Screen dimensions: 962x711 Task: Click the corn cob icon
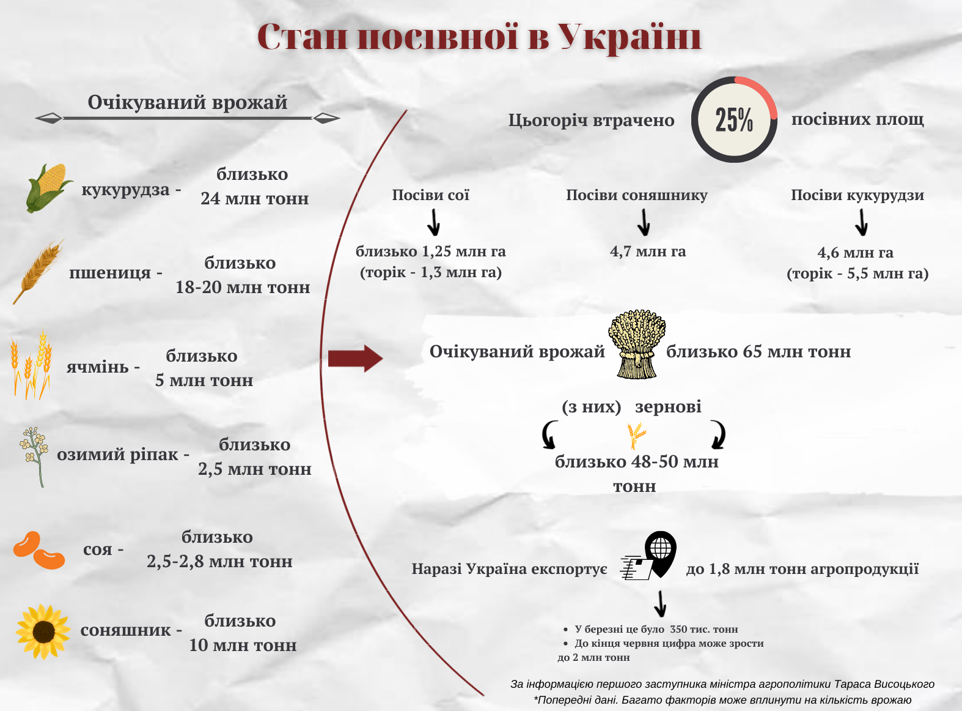point(48,188)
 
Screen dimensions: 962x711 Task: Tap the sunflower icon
point(43,631)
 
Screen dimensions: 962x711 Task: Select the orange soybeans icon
point(39,550)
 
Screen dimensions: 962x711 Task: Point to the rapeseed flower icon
point(34,456)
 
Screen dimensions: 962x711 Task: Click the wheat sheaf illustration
point(636,344)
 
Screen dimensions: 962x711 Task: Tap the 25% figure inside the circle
point(734,119)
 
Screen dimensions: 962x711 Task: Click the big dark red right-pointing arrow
point(355,359)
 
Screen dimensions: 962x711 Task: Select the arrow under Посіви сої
point(434,222)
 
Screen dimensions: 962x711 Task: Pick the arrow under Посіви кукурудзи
point(861,222)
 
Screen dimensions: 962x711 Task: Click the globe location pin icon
point(661,554)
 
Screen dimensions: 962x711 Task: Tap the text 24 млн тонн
point(255,198)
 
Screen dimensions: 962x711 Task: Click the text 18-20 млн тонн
point(243,287)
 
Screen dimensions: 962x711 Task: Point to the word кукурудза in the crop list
point(125,190)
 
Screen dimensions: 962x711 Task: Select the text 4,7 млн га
point(648,251)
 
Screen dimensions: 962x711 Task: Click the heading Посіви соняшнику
point(637,195)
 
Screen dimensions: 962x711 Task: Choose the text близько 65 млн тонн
point(758,351)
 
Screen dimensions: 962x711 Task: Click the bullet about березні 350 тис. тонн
point(652,629)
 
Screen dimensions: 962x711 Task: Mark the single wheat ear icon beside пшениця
point(38,271)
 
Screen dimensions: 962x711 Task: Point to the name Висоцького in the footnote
point(904,684)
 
